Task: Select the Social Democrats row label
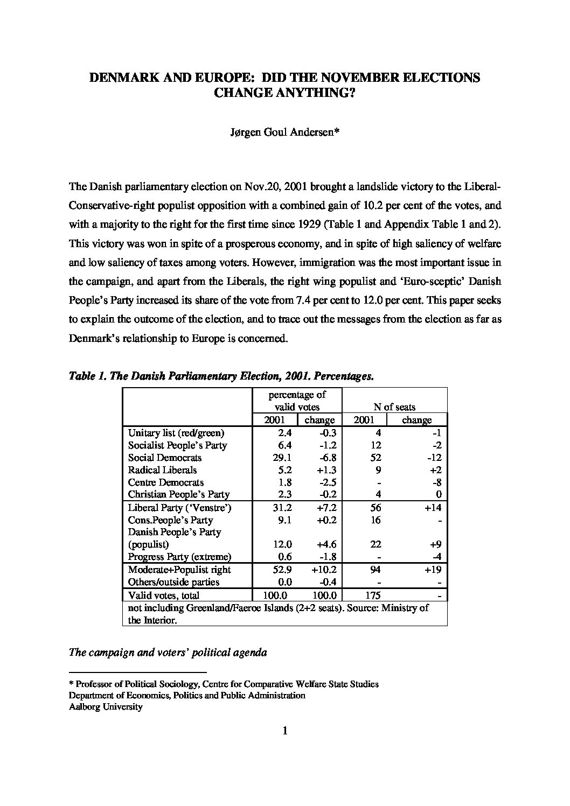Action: pos(165,458)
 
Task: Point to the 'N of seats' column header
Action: pos(394,407)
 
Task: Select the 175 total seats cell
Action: pos(372,595)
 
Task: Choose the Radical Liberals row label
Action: pos(162,470)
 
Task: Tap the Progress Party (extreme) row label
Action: pos(179,557)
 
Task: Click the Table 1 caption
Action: pos(221,376)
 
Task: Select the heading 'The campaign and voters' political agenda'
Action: pos(168,653)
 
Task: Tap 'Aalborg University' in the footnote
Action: pos(106,707)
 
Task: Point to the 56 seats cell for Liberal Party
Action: pos(376,508)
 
